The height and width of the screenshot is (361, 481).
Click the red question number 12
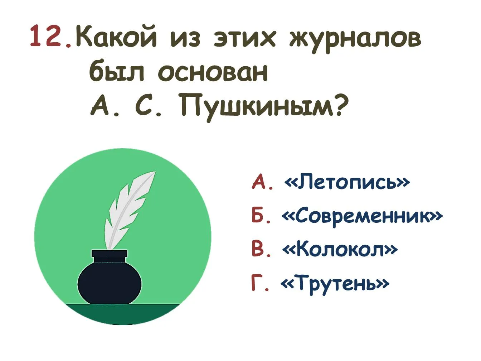coord(51,36)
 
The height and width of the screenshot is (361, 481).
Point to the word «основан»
coord(213,72)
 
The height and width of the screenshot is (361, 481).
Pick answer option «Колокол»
coord(339,249)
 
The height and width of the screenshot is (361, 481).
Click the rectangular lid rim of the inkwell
coord(110,253)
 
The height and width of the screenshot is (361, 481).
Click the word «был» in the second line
coord(117,71)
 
